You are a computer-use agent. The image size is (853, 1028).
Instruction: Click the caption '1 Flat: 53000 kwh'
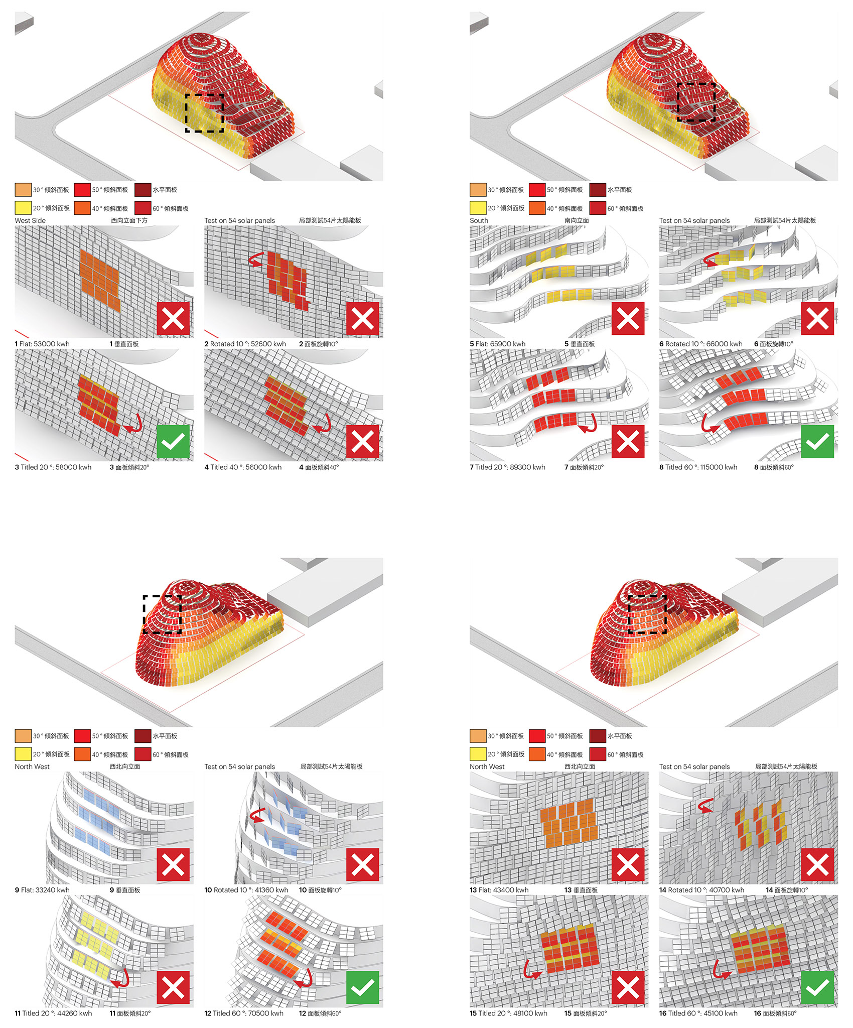click(42, 344)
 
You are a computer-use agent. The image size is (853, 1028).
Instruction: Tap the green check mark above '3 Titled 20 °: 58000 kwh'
click(173, 442)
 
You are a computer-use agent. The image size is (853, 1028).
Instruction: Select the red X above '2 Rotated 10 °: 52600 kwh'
click(363, 318)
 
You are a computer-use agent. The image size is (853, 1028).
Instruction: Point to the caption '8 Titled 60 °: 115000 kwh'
click(698, 467)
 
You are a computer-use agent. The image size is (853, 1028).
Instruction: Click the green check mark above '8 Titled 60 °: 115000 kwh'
click(817, 442)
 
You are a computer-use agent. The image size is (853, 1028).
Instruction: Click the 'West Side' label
click(30, 220)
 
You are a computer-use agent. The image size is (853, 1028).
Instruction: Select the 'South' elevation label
click(479, 220)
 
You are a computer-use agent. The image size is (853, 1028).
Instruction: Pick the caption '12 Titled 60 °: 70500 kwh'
click(244, 1013)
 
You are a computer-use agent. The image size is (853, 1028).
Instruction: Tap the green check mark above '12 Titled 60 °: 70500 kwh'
click(363, 988)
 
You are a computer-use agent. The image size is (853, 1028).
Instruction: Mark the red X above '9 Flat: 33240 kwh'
click(173, 864)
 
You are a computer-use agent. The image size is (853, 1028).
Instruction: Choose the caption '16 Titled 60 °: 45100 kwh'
click(698, 1013)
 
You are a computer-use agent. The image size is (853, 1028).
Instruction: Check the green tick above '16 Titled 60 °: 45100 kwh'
click(817, 988)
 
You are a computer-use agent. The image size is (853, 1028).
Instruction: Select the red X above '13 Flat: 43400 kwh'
click(628, 864)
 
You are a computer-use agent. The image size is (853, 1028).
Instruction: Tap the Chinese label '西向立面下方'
click(129, 220)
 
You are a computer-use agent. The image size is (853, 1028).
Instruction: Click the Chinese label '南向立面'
click(577, 220)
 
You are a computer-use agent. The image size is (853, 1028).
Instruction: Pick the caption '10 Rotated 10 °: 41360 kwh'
click(246, 890)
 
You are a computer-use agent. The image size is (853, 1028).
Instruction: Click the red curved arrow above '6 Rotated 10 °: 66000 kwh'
click(710, 259)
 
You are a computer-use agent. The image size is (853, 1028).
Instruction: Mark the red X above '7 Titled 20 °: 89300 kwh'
click(628, 442)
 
